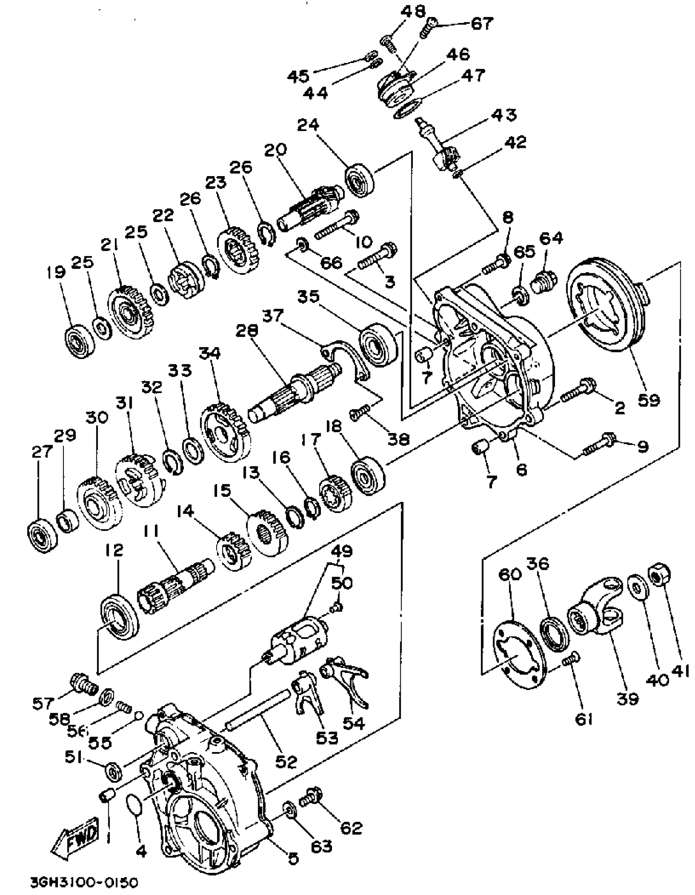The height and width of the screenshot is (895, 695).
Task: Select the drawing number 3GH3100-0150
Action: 84,882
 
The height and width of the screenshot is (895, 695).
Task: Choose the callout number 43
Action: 504,116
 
